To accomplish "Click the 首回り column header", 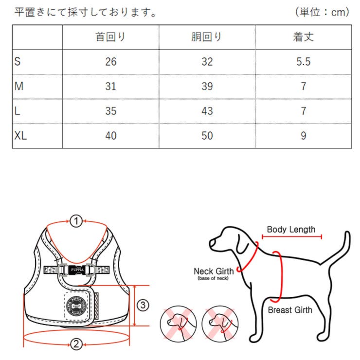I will (x=110, y=37).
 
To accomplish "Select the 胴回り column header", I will (x=207, y=37).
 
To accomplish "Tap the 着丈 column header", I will (x=303, y=37).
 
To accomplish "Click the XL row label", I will (x=21, y=135).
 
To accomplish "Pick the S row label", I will (x=18, y=62).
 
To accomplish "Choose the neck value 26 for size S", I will (x=110, y=62).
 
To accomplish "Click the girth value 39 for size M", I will (x=207, y=87).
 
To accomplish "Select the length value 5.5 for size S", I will (x=303, y=62).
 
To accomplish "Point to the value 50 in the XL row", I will (x=207, y=135).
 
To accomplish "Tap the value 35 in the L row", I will (x=110, y=111).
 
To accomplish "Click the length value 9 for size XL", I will (x=303, y=135).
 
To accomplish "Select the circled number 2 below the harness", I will (x=76, y=344).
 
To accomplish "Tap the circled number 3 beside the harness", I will (x=142, y=306).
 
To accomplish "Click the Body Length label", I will (x=291, y=230).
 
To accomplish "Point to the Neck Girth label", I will (x=214, y=271).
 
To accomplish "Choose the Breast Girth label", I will (x=290, y=309).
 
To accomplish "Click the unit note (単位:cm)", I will (x=322, y=12).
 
